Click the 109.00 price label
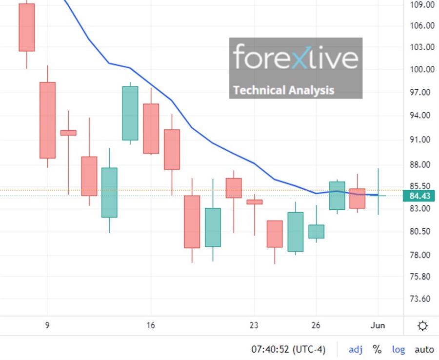[x=422, y=5]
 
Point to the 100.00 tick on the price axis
[x=422, y=69]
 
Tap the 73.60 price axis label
[x=422, y=299]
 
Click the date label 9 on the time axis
[x=47, y=325]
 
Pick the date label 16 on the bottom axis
[x=151, y=325]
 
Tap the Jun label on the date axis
[x=378, y=325]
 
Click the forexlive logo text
[x=296, y=58]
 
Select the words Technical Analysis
[x=283, y=90]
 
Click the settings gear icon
[x=423, y=326]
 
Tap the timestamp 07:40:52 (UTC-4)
[x=288, y=349]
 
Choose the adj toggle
[x=355, y=349]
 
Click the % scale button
[x=377, y=349]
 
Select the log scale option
[x=399, y=349]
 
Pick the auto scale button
[x=424, y=349]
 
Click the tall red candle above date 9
[x=47, y=120]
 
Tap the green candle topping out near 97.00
[x=130, y=113]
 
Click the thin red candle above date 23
[x=254, y=202]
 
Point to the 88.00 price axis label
[x=422, y=164]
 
